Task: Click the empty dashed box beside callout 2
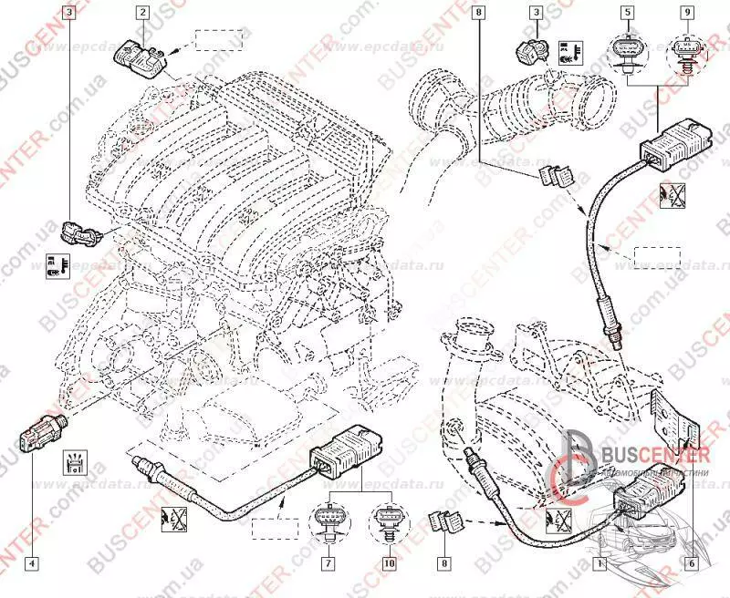pyautogui.click(x=218, y=41)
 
